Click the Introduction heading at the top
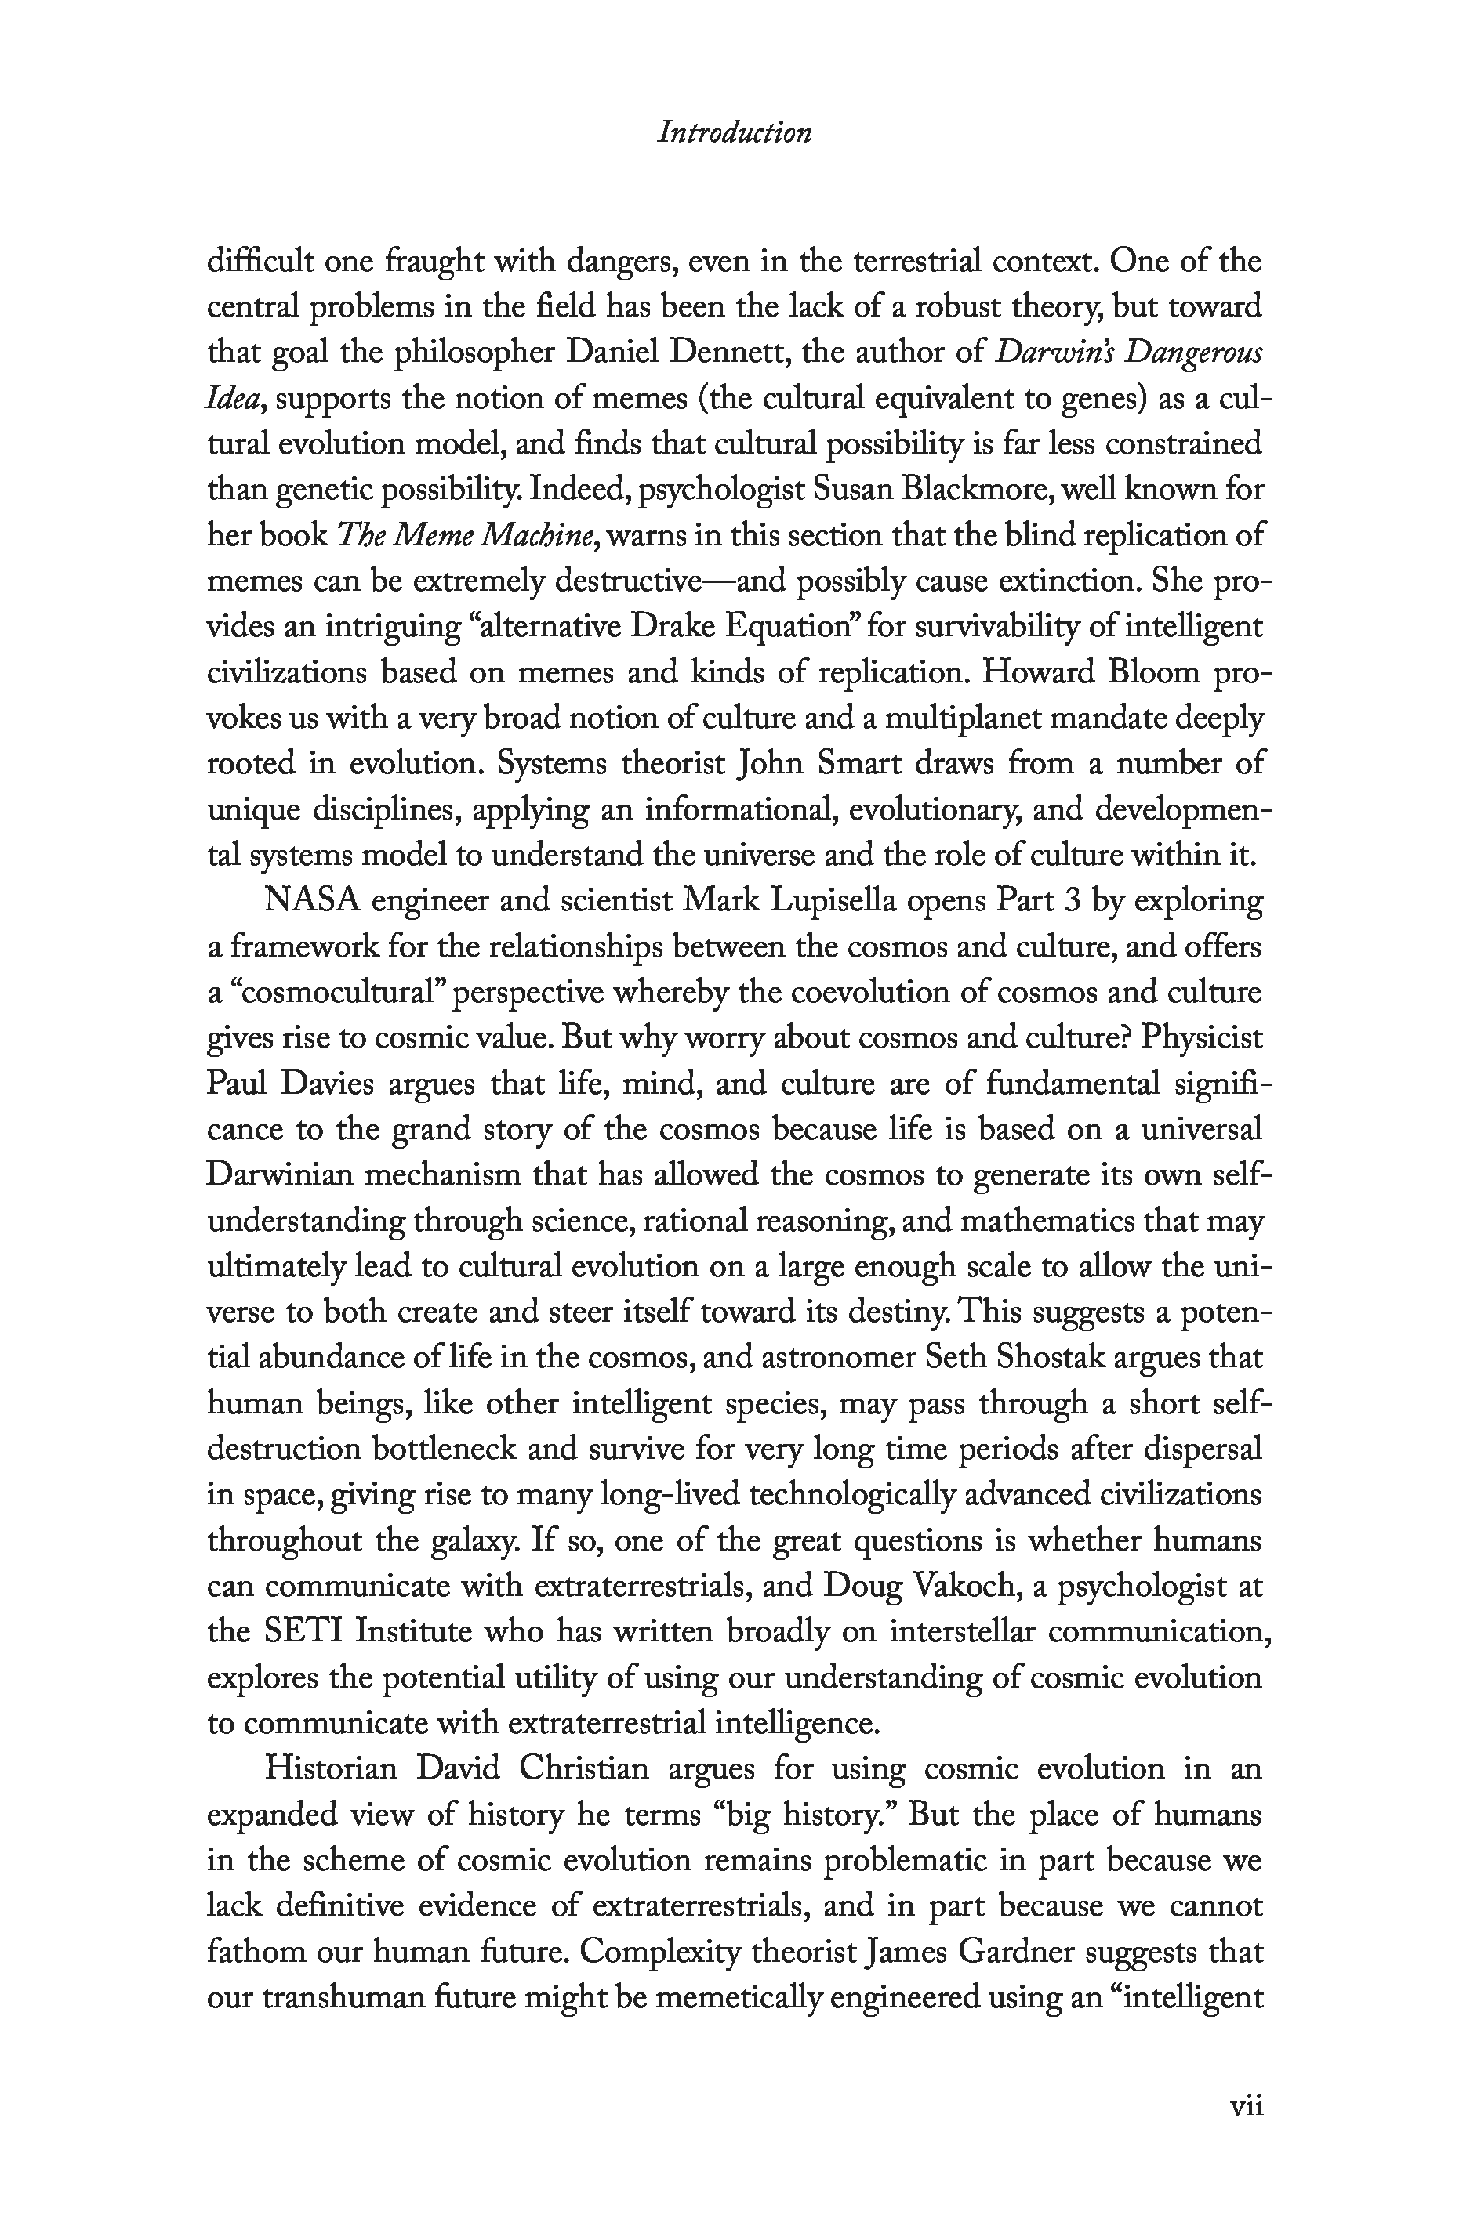coord(734,132)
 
